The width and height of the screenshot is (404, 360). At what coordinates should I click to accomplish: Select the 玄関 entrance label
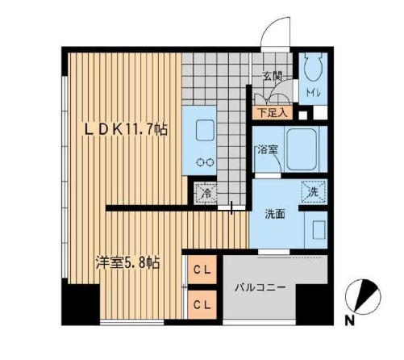(x=272, y=77)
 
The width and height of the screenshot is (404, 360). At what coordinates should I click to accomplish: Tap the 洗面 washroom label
(x=273, y=214)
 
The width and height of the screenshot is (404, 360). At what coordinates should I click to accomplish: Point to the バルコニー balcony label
(x=260, y=287)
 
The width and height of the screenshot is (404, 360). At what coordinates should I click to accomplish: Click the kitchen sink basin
(x=202, y=130)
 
